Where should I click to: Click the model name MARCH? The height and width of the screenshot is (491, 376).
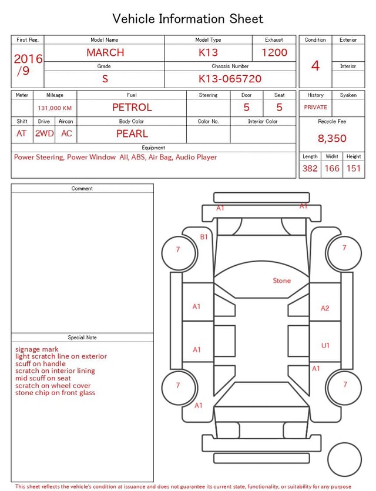point(105,52)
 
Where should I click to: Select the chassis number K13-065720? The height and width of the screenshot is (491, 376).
point(230,79)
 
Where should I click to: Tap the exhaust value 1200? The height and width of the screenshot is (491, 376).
point(274,52)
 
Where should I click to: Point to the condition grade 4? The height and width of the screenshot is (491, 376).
point(315,65)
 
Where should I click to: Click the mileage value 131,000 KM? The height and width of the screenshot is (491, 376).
point(55,108)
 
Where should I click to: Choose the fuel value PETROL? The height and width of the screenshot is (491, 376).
point(132,108)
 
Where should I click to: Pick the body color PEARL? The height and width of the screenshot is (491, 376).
point(132,133)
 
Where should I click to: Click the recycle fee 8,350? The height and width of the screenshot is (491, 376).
point(332,139)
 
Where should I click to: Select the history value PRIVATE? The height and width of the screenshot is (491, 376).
point(315,108)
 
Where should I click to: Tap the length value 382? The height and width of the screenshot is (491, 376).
point(310,168)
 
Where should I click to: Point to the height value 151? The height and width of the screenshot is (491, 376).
point(353,168)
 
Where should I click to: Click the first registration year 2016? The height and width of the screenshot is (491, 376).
point(28,59)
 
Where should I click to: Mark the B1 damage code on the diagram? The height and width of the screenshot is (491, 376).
point(204,237)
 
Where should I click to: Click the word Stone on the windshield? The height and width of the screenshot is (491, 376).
point(281,280)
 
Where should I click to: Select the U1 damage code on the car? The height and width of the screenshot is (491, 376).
point(325,346)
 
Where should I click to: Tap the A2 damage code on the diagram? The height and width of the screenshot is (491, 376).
point(325,308)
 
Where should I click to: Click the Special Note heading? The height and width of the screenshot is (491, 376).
point(82,338)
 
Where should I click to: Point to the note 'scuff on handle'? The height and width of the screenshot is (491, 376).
point(41,364)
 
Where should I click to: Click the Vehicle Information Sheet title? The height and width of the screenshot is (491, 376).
point(188,19)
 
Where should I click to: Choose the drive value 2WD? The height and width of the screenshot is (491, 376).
point(44,133)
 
